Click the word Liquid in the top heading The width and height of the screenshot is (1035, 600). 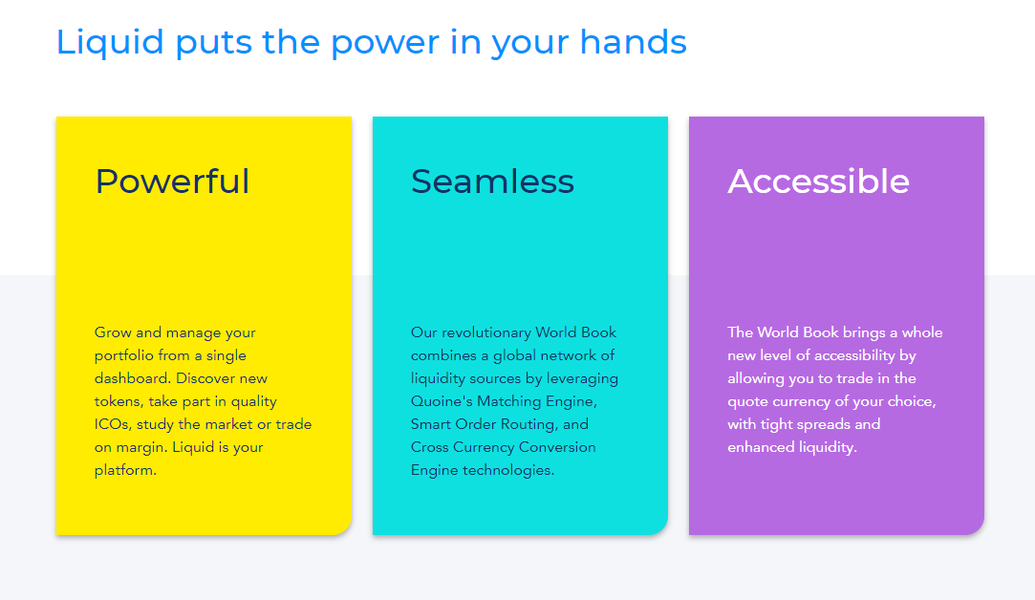(x=110, y=42)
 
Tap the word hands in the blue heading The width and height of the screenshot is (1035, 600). (x=633, y=42)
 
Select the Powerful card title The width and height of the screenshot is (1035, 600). (x=172, y=182)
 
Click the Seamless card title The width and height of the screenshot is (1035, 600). (x=492, y=182)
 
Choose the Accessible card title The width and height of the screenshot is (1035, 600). (x=818, y=182)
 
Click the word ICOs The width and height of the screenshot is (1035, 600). (x=113, y=424)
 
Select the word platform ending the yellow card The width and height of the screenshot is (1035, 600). (x=125, y=471)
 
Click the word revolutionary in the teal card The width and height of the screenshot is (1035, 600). (x=485, y=332)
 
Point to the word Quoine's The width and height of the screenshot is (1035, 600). (x=442, y=401)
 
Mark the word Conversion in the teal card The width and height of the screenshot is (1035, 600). (x=557, y=447)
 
